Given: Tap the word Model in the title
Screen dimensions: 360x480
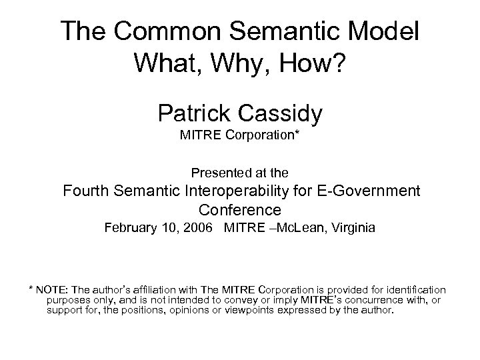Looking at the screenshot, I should tap(382, 32).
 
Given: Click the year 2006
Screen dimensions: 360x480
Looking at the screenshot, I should tap(200, 228).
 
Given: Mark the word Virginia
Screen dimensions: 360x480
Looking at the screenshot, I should tap(352, 228).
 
